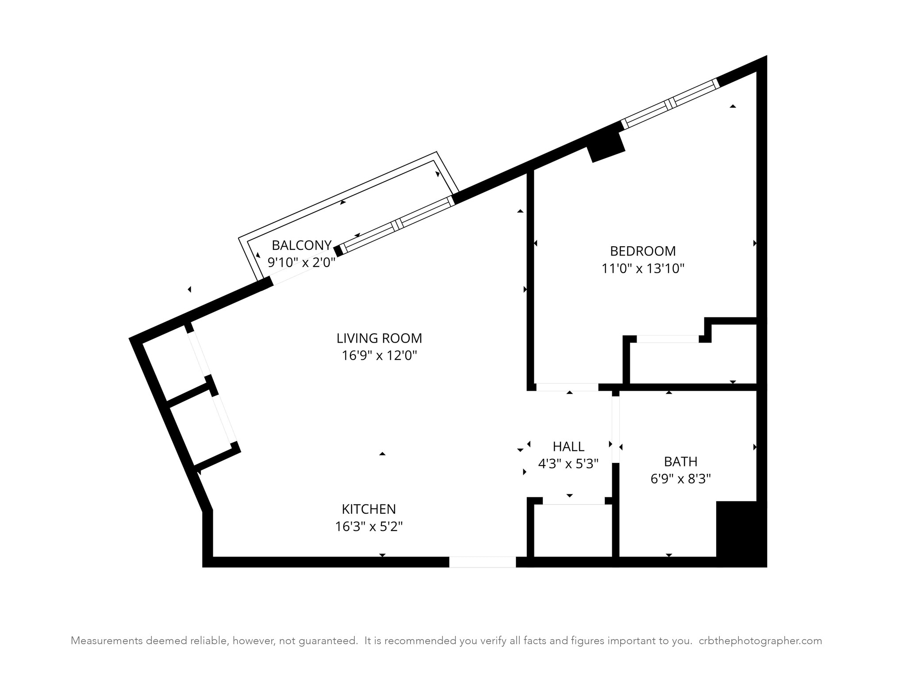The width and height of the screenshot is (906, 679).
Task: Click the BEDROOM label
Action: [x=643, y=251]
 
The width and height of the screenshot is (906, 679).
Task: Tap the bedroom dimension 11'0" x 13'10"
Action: [x=643, y=268]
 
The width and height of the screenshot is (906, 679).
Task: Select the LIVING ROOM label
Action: [x=379, y=338]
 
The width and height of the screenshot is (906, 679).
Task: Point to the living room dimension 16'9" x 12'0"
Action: [x=379, y=355]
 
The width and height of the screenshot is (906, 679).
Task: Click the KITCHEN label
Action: [x=369, y=509]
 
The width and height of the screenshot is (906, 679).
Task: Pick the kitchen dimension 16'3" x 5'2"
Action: [x=369, y=526]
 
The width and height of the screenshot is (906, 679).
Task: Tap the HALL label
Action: [x=568, y=446]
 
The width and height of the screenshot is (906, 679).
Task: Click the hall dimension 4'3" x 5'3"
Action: [x=568, y=464]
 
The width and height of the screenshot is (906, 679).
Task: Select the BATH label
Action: [x=680, y=462]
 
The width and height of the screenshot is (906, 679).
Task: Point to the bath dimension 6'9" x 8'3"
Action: [x=680, y=479]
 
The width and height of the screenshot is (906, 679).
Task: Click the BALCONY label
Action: [x=301, y=245]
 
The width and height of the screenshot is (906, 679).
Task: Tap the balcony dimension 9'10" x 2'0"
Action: [x=301, y=262]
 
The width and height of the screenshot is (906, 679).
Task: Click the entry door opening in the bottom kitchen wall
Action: [x=482, y=562]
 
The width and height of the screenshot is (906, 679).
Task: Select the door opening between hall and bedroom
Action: [x=567, y=387]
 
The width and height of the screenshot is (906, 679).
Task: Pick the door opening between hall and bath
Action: [x=615, y=429]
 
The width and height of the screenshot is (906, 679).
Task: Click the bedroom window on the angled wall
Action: [x=670, y=103]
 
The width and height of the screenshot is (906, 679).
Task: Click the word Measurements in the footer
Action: [x=106, y=641]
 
